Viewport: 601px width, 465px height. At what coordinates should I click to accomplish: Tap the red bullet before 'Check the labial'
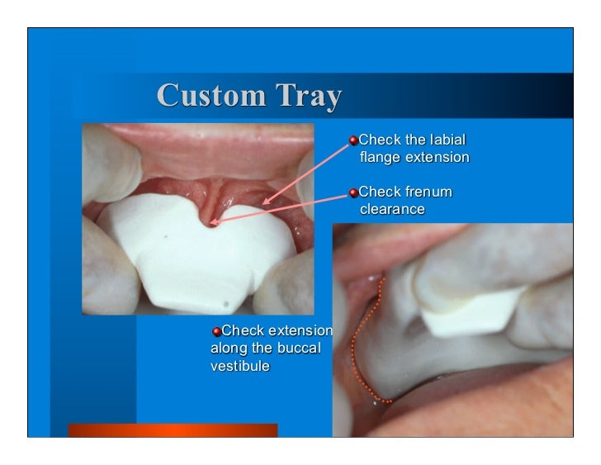click(x=353, y=141)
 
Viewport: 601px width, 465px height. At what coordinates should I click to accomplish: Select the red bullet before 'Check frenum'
click(x=353, y=193)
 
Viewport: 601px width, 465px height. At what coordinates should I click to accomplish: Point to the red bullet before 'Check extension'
click(x=216, y=332)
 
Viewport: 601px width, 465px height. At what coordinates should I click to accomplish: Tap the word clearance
click(x=392, y=210)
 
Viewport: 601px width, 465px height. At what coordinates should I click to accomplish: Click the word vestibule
click(x=239, y=366)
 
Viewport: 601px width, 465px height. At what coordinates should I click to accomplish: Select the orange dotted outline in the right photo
click(x=357, y=347)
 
